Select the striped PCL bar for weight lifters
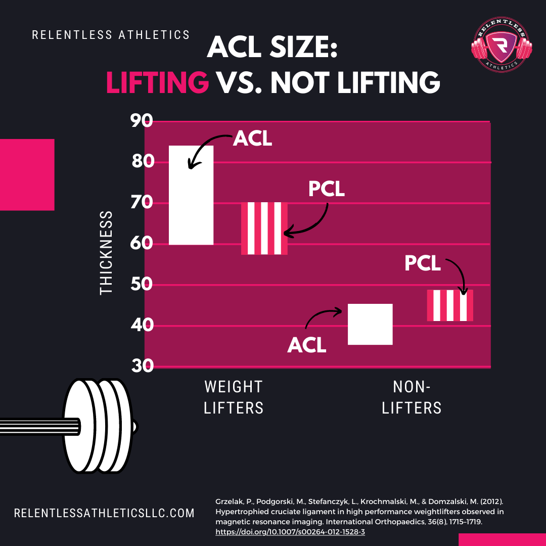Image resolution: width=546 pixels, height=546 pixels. (x=264, y=228)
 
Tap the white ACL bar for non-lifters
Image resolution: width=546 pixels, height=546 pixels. (x=371, y=324)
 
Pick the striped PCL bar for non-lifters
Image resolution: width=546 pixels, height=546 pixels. (x=450, y=305)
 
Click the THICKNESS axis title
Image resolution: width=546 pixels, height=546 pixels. (x=107, y=253)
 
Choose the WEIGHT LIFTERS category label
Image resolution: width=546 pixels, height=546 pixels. (x=234, y=397)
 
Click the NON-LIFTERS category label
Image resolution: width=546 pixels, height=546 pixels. (x=412, y=397)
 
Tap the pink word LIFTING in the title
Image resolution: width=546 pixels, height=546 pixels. (x=157, y=82)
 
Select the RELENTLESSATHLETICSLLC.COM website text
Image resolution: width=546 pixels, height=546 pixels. (x=104, y=513)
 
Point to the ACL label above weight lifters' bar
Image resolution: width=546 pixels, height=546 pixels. (x=252, y=139)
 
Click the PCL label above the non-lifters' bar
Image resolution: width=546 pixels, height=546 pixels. (x=423, y=263)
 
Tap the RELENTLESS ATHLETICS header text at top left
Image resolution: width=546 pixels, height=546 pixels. (x=111, y=35)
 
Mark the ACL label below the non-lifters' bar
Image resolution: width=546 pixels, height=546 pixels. (x=307, y=345)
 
